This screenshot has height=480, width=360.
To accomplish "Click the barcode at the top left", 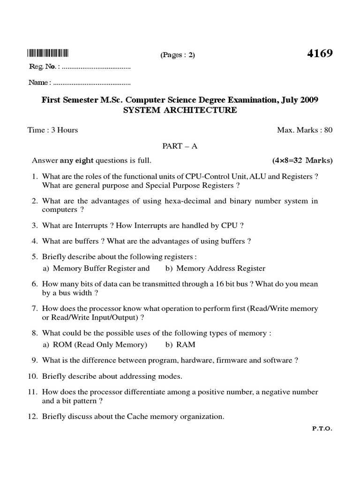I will point(48,52).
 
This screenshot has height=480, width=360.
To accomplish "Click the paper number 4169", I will point(320,53).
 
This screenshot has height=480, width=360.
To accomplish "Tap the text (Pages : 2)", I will point(178,55).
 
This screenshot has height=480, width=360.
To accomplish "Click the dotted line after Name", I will point(92,83).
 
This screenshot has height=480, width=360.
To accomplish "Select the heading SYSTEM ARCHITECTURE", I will point(180,110).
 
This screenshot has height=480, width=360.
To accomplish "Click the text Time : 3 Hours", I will point(53,130).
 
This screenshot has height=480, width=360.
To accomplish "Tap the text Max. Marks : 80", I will point(305,130).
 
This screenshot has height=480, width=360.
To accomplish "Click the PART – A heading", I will point(180,146).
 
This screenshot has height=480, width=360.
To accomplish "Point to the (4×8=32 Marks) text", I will point(302,161).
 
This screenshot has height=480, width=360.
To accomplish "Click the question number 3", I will point(34,225).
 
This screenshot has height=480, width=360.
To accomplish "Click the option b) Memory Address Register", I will point(215,269).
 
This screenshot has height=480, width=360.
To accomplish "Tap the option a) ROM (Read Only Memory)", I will point(95,345).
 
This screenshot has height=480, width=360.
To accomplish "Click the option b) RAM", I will point(180,345).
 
